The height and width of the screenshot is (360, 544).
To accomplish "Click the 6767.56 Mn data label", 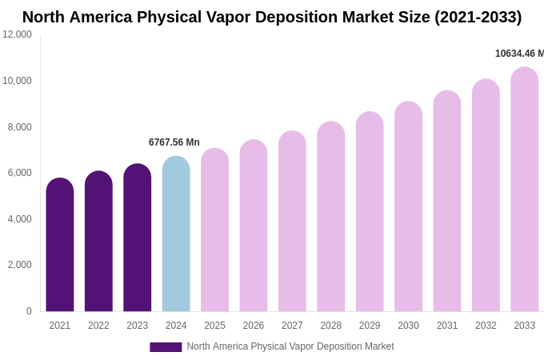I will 174,142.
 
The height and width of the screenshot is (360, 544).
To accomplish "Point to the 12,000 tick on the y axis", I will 17,34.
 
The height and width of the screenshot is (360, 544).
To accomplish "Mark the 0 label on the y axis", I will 29,311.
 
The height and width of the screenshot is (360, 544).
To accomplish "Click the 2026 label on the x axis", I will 254,326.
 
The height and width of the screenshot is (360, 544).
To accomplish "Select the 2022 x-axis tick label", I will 98,326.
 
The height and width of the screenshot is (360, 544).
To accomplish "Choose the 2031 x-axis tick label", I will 447,326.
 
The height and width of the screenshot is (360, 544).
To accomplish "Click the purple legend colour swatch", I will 166,347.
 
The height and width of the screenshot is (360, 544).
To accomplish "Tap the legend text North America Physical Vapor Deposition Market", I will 290,346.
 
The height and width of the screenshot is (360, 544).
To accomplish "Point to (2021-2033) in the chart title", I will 478,17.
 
